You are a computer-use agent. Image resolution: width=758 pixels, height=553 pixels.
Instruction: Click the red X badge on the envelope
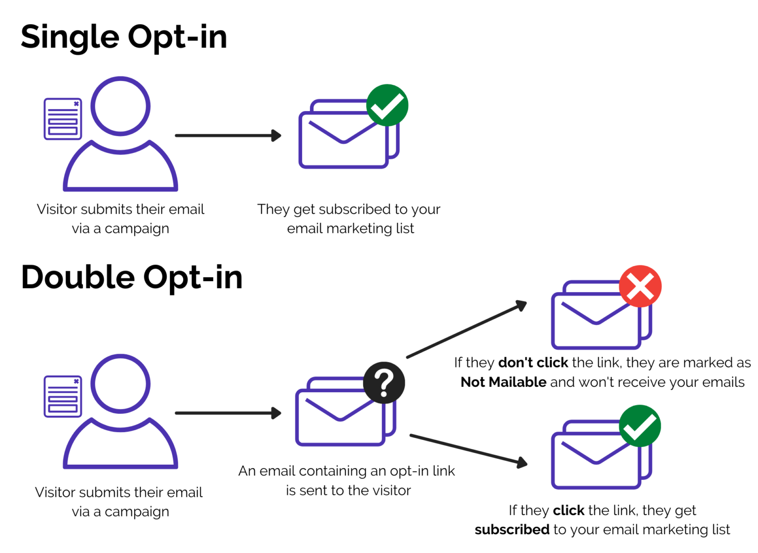640,286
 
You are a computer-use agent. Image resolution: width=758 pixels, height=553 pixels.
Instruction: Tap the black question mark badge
384,383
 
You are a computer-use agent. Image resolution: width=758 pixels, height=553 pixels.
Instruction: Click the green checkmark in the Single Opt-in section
387,105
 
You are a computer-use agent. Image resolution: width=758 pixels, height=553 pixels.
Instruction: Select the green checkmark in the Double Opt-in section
640,426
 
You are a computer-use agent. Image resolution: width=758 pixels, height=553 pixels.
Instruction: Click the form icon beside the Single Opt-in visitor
63,119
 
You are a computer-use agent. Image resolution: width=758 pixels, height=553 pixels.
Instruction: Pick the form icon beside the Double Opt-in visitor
63,396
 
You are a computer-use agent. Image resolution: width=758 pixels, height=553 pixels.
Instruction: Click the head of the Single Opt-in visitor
120,106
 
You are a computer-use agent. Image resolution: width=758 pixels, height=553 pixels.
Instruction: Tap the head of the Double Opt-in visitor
120,383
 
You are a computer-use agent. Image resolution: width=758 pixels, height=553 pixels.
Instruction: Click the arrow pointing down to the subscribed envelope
468,449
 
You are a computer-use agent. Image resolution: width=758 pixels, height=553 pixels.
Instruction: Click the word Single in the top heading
70,37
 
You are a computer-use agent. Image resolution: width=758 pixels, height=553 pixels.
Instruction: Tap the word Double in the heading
77,277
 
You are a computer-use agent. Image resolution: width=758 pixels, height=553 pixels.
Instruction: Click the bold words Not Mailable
503,382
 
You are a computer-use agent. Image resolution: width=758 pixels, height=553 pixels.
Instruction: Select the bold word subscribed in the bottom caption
512,529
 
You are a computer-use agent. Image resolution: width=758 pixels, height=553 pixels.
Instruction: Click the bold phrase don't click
533,363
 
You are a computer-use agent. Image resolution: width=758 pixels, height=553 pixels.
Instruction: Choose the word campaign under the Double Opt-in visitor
137,512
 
